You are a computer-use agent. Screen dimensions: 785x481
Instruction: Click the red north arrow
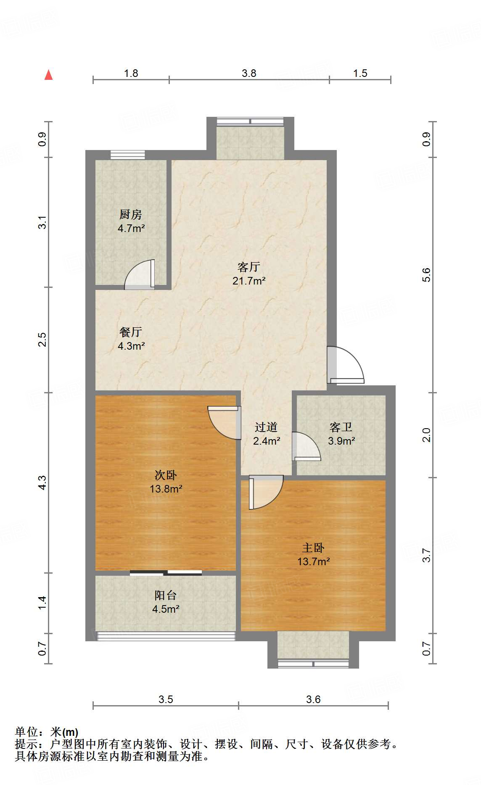tap(49, 75)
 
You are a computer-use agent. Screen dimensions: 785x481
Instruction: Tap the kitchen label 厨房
tap(131, 215)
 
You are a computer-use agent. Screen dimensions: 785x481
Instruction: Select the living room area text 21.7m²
tap(249, 281)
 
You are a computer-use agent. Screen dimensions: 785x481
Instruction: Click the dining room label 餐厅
tap(131, 332)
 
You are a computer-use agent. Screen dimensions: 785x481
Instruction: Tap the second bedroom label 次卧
tap(166, 475)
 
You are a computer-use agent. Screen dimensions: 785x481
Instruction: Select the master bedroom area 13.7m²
tap(313, 561)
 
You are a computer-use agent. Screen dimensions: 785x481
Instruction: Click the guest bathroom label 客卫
tap(341, 427)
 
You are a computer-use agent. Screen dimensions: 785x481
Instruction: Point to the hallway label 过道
tap(266, 427)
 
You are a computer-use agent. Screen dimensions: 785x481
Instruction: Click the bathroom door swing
tap(306, 446)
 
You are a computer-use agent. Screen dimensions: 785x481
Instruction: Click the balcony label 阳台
tap(166, 595)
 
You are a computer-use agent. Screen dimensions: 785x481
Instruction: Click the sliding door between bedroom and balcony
tap(166, 572)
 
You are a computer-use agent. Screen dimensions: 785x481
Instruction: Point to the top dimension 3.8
tap(249, 74)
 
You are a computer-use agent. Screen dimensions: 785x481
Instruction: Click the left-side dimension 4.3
tap(42, 482)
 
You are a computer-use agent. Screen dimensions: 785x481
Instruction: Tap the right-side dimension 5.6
tap(426, 275)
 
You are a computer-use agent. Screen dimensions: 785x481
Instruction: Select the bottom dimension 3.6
tap(313, 699)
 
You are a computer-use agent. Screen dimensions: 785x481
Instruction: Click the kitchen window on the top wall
tap(128, 155)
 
